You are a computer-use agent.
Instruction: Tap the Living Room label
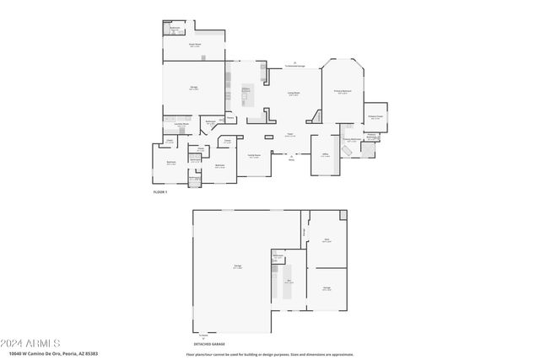point(294,94)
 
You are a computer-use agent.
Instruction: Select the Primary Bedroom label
point(343,92)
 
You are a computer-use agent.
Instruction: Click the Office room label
point(325,154)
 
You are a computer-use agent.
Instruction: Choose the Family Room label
point(253,156)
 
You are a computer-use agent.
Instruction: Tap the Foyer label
point(289,134)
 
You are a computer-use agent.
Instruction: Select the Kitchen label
point(247,89)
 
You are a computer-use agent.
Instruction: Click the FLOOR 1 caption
point(159,192)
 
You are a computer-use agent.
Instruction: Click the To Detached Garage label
point(294,65)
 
